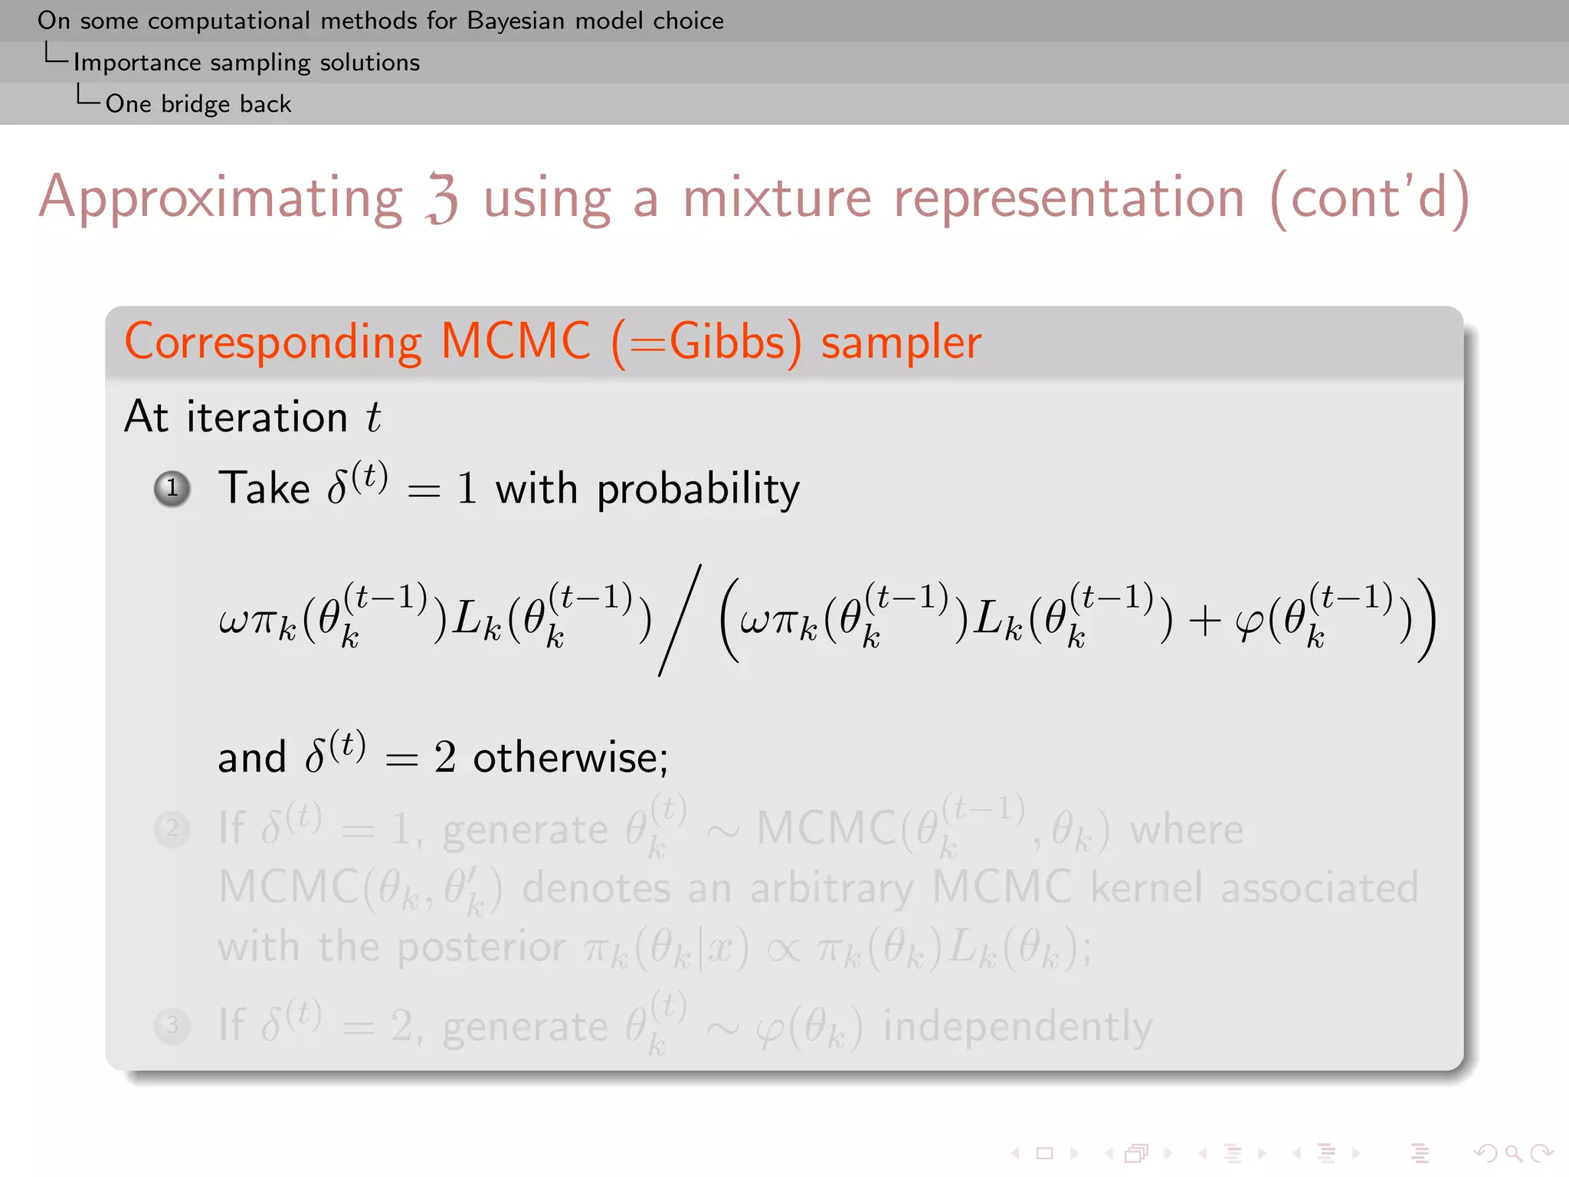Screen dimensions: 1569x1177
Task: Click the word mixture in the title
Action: tap(776, 198)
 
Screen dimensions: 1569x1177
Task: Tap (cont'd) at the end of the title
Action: tap(1369, 198)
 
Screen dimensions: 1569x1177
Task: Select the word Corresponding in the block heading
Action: tap(273, 342)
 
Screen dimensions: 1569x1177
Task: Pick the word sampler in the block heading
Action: tap(901, 343)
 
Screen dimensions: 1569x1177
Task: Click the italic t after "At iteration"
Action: tap(373, 418)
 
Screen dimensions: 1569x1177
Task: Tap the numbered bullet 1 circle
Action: tap(172, 488)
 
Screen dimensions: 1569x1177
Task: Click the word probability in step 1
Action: tap(698, 489)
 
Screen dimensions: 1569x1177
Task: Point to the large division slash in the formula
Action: tap(680, 621)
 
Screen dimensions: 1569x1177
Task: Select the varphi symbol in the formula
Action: tap(1250, 622)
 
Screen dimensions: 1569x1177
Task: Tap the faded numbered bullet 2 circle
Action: tap(172, 828)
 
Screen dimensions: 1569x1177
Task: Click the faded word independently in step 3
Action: tap(1017, 1026)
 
